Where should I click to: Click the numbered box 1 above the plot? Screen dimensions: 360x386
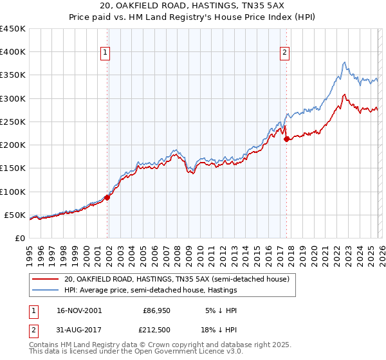(105, 53)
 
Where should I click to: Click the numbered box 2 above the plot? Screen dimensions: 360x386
(284, 53)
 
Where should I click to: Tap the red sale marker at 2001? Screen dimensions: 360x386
(107, 197)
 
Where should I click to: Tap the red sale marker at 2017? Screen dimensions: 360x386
(287, 138)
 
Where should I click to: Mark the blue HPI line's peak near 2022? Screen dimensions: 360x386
(345, 62)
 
